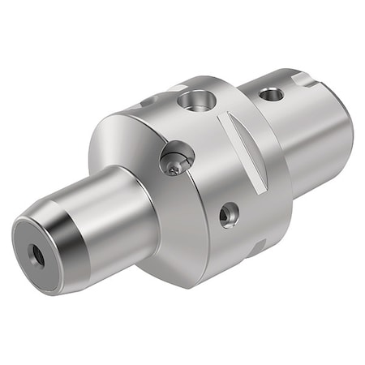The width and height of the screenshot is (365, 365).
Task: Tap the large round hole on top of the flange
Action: pos(198,101)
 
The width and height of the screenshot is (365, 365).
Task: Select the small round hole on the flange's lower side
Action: pos(229,214)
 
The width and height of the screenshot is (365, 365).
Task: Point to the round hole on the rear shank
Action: pos(273,94)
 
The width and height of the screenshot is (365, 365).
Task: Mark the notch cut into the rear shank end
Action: pos(305,79)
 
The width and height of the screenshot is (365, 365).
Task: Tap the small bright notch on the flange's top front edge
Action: pos(177,88)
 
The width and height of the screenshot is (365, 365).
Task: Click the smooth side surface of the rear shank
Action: pos(312,138)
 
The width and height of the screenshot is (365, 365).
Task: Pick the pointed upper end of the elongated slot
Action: pos(227,116)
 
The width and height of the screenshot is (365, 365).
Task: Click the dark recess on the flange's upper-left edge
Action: pos(148,102)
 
